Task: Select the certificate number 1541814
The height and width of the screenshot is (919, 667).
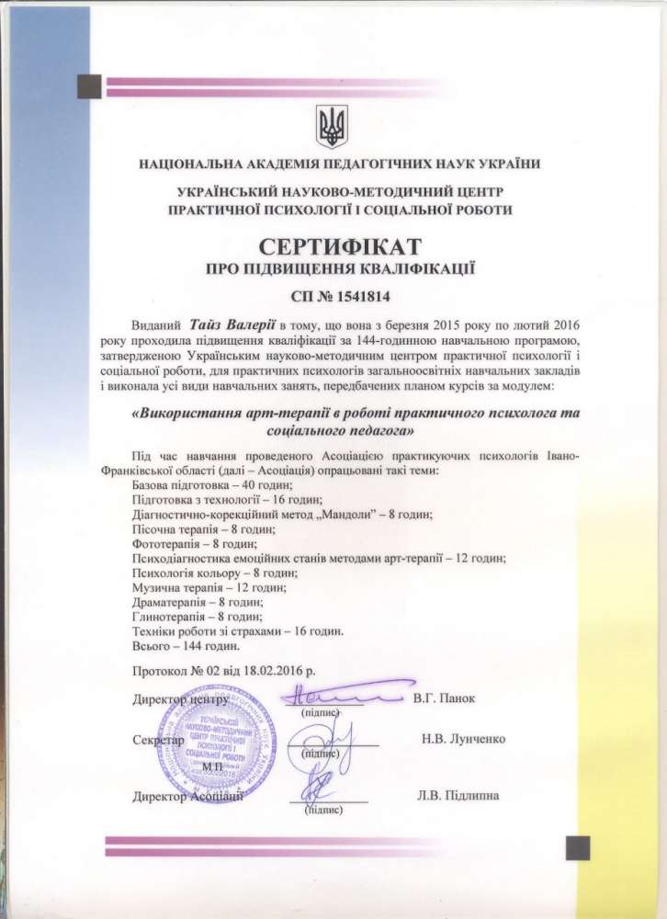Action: (356, 297)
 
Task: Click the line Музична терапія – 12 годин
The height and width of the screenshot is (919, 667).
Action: (197, 587)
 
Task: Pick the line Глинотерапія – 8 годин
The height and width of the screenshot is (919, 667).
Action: (189, 617)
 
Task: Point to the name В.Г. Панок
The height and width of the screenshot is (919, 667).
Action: (444, 698)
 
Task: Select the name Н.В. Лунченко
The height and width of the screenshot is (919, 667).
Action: (462, 739)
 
